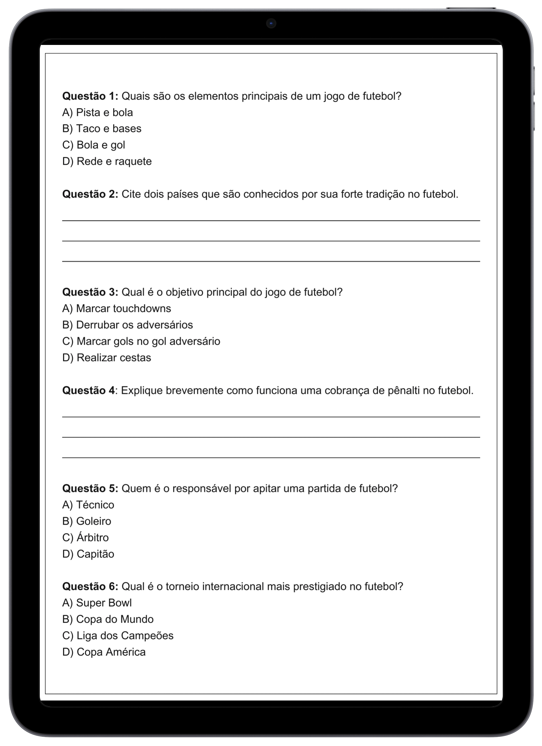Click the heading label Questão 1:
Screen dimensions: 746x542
point(90,96)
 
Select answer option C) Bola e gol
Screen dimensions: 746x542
point(94,145)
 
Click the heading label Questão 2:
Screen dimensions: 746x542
point(90,194)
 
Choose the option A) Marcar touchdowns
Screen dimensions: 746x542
point(117,309)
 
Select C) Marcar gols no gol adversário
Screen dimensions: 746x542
point(141,341)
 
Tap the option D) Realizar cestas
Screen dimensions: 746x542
point(106,358)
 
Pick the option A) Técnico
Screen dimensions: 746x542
point(88,505)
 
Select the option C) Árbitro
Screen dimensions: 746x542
point(86,538)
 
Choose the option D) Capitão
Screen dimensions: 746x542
point(88,554)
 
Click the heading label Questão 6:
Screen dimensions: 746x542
point(90,586)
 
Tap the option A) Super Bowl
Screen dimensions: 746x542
point(97,603)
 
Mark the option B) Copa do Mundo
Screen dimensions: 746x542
point(108,619)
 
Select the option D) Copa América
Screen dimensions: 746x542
point(104,652)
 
